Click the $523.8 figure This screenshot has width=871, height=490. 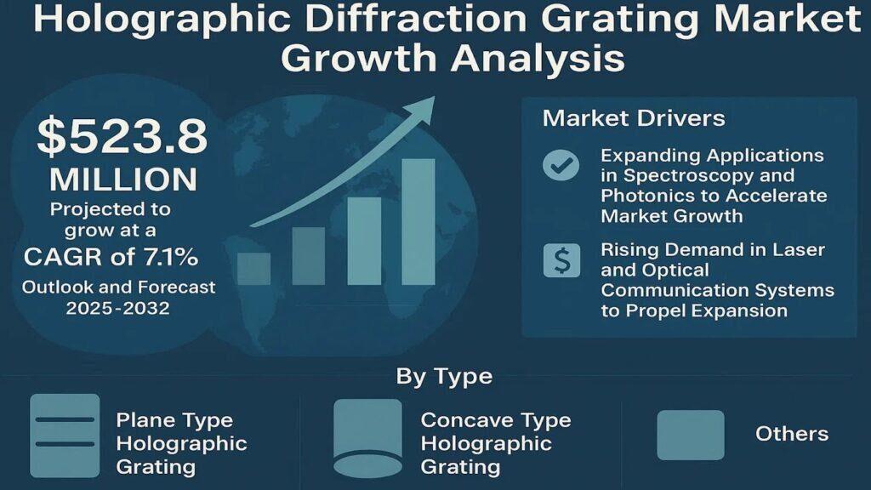pyautogui.click(x=122, y=135)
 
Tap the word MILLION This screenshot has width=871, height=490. pyautogui.click(x=123, y=179)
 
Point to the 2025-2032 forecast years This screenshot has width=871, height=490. pyautogui.click(x=117, y=308)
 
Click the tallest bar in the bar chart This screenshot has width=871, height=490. pyautogui.click(x=418, y=222)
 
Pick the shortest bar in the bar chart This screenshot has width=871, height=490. pyautogui.click(x=253, y=269)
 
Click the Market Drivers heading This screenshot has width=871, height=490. pyautogui.click(x=634, y=117)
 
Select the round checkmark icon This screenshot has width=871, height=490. pyautogui.click(x=561, y=165)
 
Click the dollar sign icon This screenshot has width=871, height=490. pyautogui.click(x=561, y=260)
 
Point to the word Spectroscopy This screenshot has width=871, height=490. pyautogui.click(x=686, y=175)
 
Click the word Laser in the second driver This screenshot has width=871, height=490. pyautogui.click(x=799, y=249)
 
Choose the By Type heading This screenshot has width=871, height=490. pyautogui.click(x=444, y=377)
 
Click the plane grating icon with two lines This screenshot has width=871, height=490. pyautogui.click(x=65, y=436)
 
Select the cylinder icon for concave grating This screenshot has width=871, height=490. pyautogui.click(x=367, y=438)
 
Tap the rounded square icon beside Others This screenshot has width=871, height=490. pyautogui.click(x=691, y=435)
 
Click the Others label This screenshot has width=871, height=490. pyautogui.click(x=792, y=433)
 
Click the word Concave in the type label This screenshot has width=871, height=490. pyautogui.click(x=465, y=419)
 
